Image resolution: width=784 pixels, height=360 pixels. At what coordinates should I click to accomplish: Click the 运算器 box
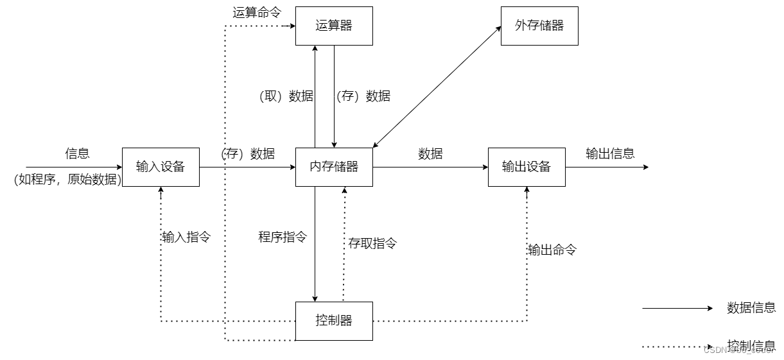pos(334,26)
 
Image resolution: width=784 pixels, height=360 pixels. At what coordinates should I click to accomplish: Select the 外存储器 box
pos(539,26)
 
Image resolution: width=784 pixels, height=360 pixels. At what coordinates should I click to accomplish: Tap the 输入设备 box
pos(161,167)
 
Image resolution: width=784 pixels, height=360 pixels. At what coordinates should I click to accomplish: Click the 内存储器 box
pos(334,167)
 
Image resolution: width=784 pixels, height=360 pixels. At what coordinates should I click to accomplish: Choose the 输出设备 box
pos(527,167)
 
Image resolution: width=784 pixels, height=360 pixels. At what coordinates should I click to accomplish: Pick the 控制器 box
pos(334,320)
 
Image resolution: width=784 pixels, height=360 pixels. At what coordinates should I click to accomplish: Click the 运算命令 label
pos(257,12)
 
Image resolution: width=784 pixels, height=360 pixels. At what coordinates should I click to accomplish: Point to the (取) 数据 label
pos(286,96)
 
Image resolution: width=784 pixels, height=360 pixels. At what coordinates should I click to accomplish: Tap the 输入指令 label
pos(186,237)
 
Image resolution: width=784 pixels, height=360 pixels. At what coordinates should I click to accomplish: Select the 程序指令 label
pos(283,237)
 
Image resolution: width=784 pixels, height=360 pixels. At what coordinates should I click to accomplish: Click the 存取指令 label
pos(372,243)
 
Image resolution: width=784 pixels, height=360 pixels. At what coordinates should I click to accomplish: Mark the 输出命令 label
pos(552,250)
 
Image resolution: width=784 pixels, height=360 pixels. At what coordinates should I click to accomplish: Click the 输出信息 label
pos(610,153)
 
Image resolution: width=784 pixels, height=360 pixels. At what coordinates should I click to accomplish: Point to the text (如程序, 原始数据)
pos(67,180)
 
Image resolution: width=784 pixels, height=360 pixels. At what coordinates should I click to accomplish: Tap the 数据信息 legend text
pos(751,308)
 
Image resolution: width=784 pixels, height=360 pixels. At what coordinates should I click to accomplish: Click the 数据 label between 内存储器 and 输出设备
pos(430,153)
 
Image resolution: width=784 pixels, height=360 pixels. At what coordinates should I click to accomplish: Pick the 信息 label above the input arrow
pos(77,153)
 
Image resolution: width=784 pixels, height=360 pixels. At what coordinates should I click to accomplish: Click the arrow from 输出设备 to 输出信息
pos(607,167)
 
